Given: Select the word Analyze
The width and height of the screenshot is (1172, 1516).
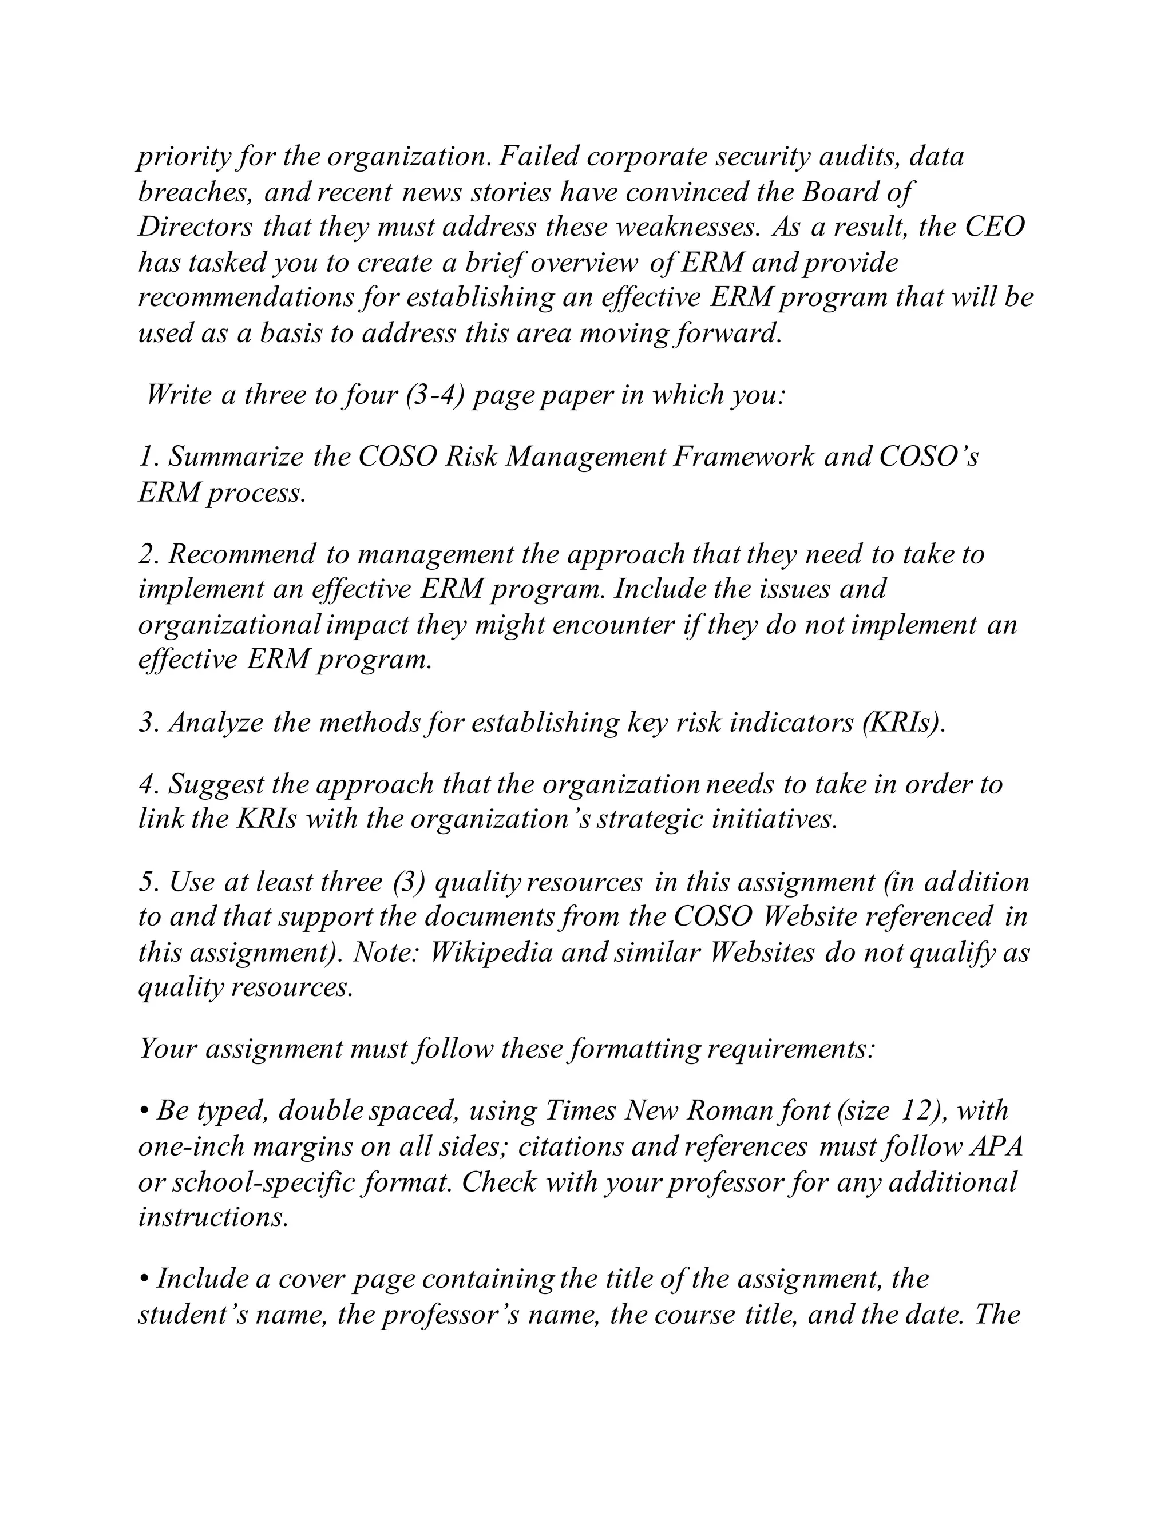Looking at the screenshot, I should pos(216,723).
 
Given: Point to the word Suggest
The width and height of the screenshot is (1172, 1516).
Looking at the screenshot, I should pos(217,784).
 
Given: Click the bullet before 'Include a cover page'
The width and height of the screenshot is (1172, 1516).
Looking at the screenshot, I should pos(144,1279).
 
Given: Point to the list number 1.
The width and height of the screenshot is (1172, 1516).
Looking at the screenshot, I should pos(145,457).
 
